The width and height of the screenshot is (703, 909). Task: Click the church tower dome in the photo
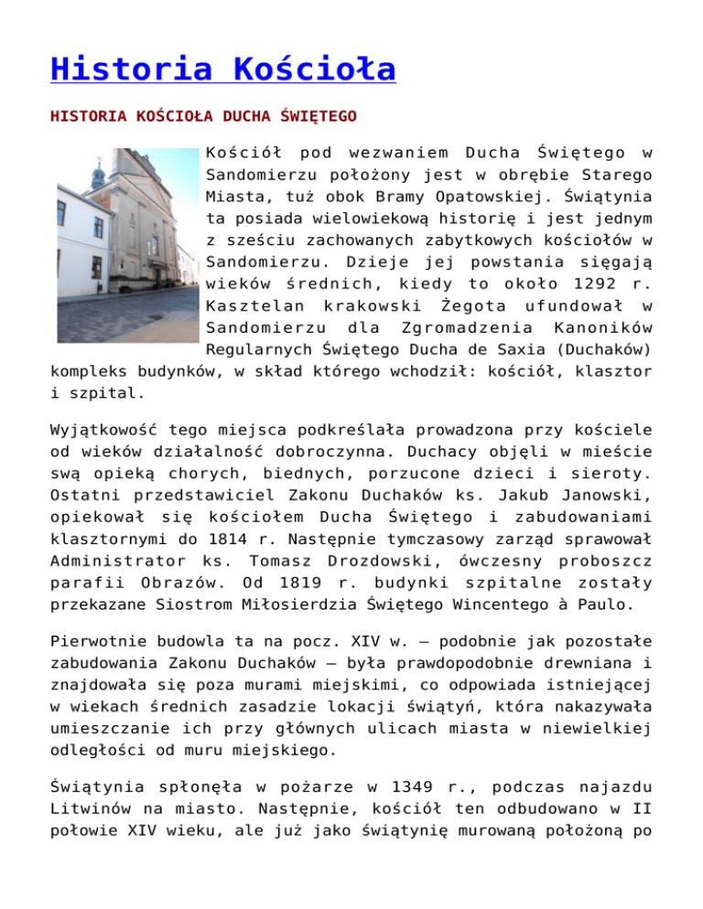(97, 169)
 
